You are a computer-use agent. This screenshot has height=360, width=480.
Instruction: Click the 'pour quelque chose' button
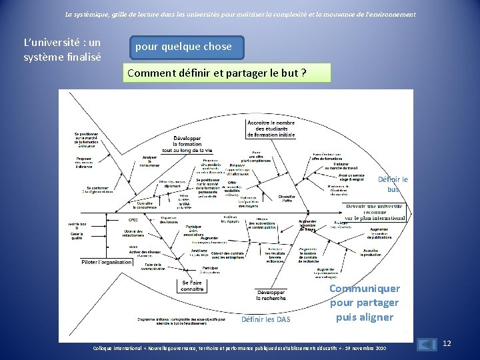tap(183, 47)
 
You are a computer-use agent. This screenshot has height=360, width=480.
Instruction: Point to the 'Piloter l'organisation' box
tap(107, 262)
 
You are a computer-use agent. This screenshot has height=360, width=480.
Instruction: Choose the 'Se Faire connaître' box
tap(192, 286)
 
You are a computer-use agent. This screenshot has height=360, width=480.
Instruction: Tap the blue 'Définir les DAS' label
tap(265, 319)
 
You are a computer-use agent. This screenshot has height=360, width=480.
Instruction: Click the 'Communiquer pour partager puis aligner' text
tap(364, 303)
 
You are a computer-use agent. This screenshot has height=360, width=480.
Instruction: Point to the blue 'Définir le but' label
tap(393, 184)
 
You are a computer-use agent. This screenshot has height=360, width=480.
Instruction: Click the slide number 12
tap(447, 343)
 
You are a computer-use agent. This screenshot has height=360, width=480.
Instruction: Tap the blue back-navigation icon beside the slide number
tap(425, 345)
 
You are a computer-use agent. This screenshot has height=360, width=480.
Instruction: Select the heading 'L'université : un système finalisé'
tap(61, 50)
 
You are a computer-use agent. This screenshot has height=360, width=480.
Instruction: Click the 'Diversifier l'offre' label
tap(287, 198)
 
